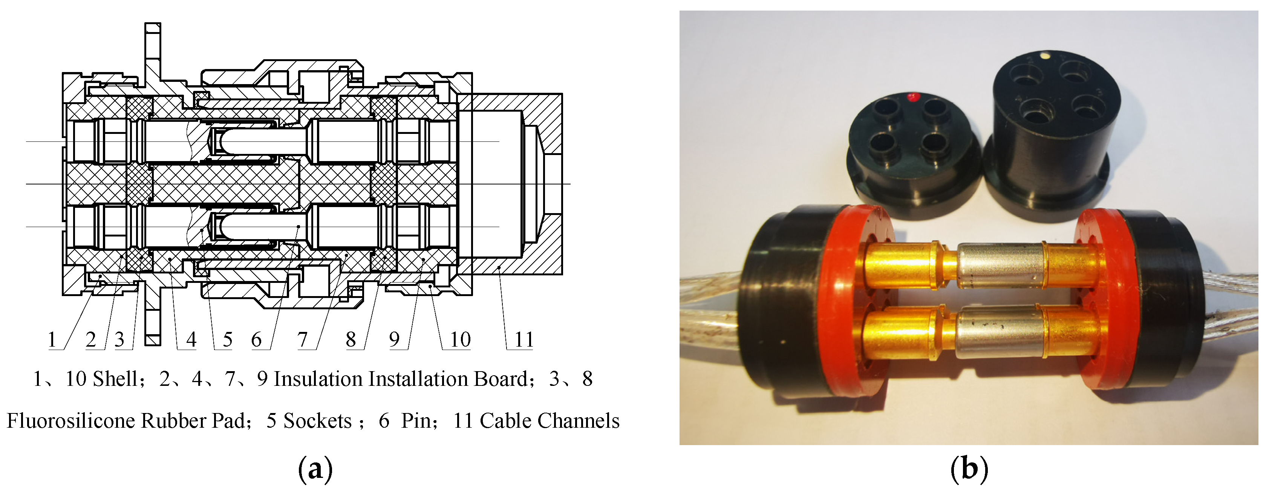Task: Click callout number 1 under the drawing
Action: pos(52,340)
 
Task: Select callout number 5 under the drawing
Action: pos(227,340)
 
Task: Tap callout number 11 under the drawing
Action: pos(524,340)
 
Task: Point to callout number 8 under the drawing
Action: pos(351,340)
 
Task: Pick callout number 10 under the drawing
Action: pos(460,340)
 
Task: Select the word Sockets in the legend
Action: pos(317,421)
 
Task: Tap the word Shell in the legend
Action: pos(115,379)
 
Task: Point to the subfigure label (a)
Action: pos(315,469)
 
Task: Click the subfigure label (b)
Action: pos(969,469)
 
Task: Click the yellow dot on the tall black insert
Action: pos(1043,69)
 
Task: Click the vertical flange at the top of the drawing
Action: pos(153,54)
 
